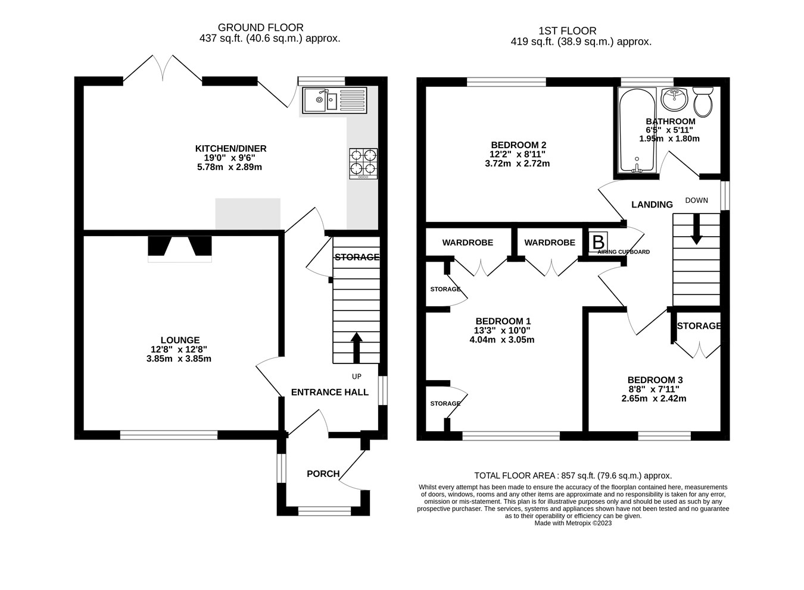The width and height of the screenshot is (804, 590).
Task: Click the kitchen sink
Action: (x=335, y=101)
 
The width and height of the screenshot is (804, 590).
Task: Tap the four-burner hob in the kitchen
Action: (x=363, y=164)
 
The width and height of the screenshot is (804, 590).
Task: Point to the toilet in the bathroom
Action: (x=703, y=102)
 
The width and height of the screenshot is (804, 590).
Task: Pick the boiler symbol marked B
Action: (x=598, y=242)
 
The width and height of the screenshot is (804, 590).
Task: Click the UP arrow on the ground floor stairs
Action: (x=356, y=348)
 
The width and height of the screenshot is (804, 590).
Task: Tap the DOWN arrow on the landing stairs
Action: (x=697, y=230)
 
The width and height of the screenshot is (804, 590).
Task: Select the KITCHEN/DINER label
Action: (x=231, y=149)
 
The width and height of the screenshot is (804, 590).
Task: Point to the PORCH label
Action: (x=323, y=474)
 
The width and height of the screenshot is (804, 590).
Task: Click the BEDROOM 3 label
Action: (x=655, y=380)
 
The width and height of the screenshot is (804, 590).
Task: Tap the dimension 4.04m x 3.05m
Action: (x=502, y=340)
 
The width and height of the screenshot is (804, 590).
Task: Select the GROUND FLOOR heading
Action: (x=261, y=27)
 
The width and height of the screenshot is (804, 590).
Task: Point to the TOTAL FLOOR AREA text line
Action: (x=573, y=476)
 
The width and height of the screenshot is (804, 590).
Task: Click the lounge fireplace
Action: (x=180, y=249)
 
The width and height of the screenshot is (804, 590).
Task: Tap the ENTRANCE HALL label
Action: (x=329, y=393)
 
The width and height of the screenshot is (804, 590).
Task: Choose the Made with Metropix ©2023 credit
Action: (x=573, y=523)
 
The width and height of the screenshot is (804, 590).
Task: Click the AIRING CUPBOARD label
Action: (x=624, y=252)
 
